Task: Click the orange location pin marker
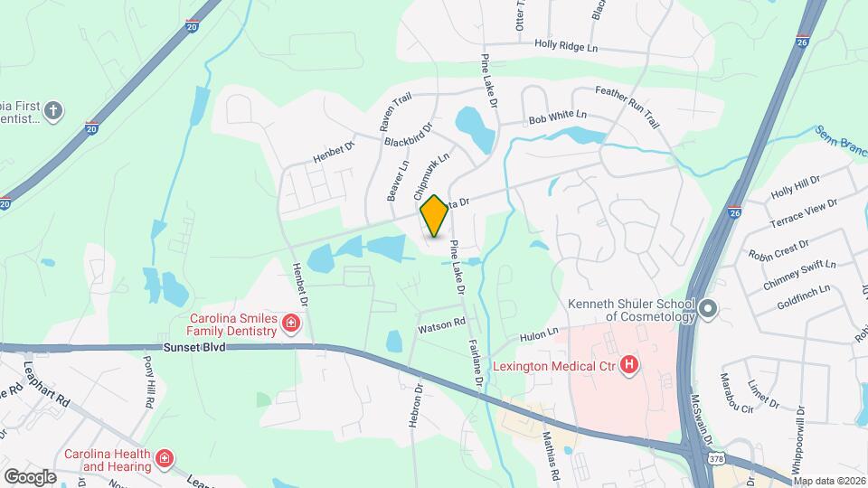[x=434, y=216]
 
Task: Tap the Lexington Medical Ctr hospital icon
[x=630, y=366]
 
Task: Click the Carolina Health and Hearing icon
[x=165, y=459]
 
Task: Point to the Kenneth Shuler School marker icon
[x=709, y=309]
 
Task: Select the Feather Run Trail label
[x=632, y=100]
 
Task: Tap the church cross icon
[x=54, y=111]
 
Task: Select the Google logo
[x=29, y=476]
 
